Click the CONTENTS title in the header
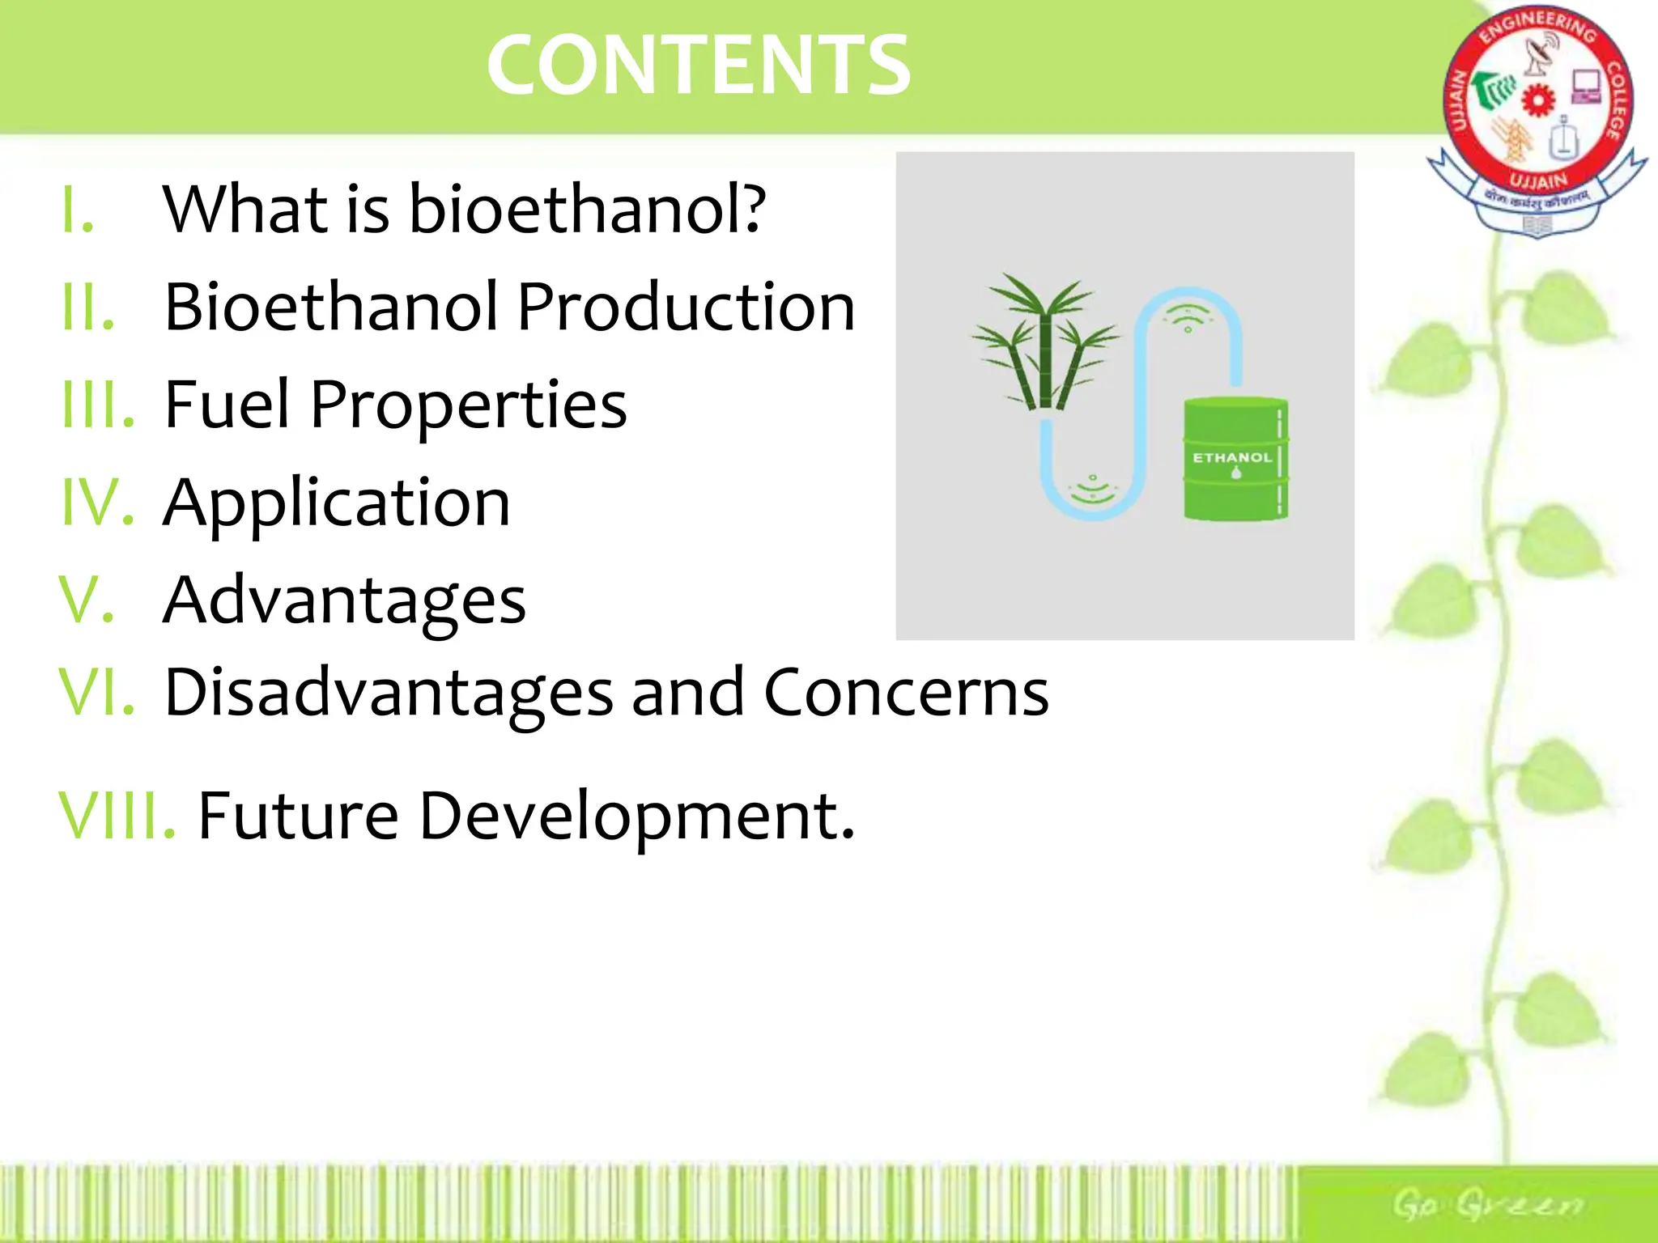[x=699, y=65]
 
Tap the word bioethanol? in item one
[x=587, y=209]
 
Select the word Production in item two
[x=686, y=307]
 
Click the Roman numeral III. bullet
[x=98, y=404]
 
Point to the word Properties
[x=468, y=405]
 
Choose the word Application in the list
[x=337, y=503]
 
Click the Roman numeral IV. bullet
[x=97, y=503]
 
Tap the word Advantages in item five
[x=344, y=600]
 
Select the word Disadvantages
[x=389, y=693]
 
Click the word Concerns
[x=906, y=693]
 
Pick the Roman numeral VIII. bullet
[x=117, y=816]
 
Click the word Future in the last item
[x=298, y=816]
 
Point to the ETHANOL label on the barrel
[x=1232, y=457]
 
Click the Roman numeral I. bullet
[x=79, y=209]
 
